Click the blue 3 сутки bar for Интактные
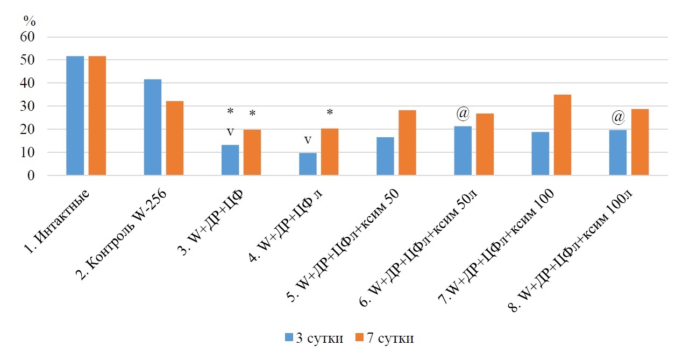point(75,116)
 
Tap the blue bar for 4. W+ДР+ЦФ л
point(308,164)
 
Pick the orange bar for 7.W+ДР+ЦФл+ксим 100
point(562,135)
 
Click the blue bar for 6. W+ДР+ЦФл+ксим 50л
point(463,151)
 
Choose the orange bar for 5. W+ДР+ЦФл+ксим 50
point(407,143)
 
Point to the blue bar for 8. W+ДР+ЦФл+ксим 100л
point(617,153)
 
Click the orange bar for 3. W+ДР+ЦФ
point(252,152)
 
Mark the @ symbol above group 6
point(463,114)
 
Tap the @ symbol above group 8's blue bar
point(618,117)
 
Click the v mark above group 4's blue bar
point(308,140)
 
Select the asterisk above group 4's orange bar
point(330,112)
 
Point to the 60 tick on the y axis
point(27,37)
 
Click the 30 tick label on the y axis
point(27,107)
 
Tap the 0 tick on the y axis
point(31,176)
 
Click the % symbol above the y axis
point(29,21)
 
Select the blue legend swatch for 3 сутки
point(289,338)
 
